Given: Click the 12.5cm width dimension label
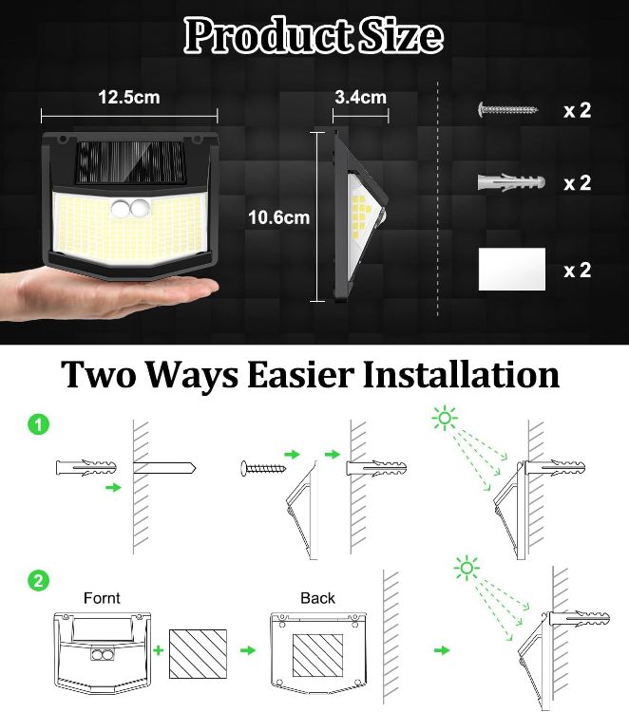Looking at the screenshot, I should [128, 98].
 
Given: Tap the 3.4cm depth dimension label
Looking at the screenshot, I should [361, 98].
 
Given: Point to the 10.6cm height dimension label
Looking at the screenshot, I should [278, 217].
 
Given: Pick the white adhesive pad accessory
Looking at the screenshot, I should [512, 270].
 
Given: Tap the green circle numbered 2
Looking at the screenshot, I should [38, 581].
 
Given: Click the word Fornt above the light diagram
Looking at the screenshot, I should [101, 598].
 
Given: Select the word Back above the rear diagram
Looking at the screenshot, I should [317, 598].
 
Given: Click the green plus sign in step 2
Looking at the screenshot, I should [157, 650].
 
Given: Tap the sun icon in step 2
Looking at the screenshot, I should [466, 570].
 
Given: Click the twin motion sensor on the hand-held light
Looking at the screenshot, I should [129, 210].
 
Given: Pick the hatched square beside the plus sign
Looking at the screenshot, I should [199, 653].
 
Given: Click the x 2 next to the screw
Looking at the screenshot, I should [577, 110].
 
